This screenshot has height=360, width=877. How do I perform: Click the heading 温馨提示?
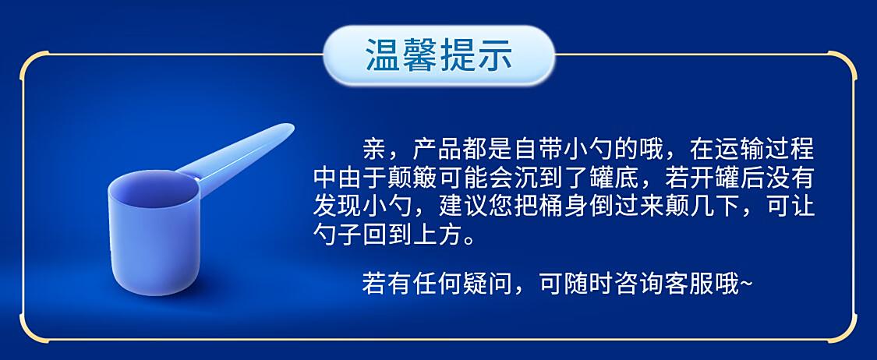point(438,55)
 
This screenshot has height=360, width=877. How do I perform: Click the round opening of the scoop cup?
point(154,189)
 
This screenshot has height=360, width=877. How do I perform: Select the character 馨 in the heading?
point(420,55)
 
